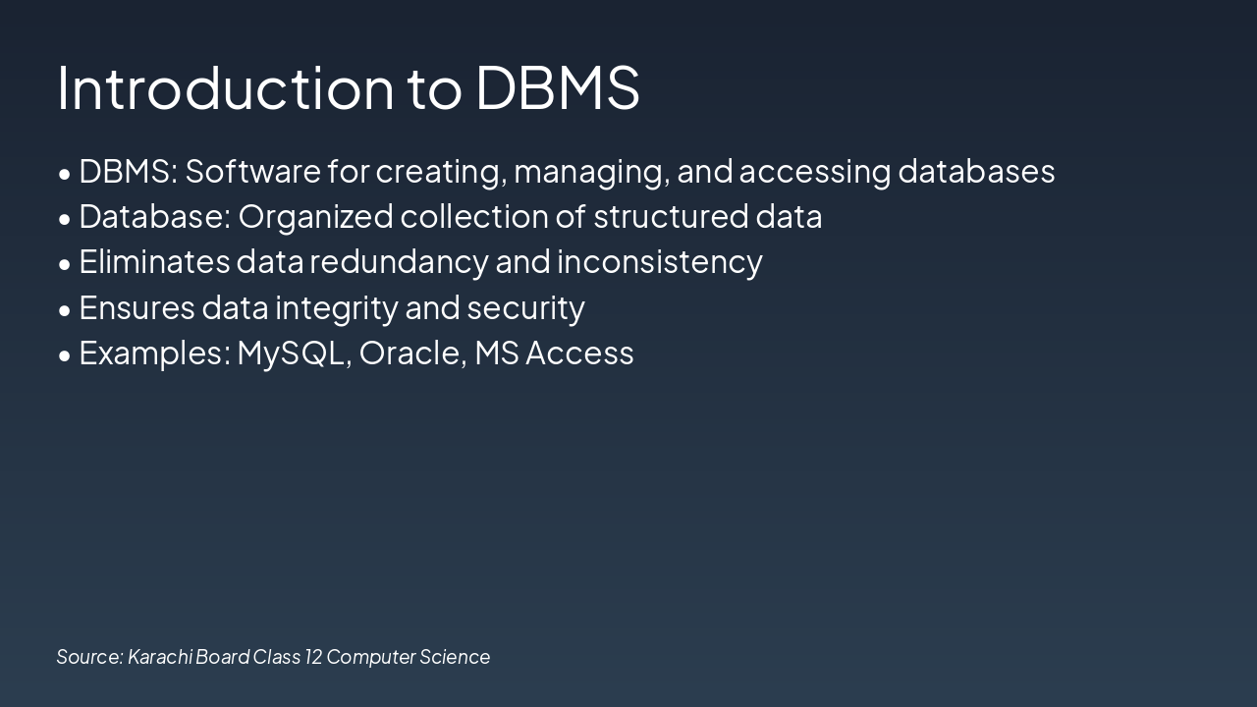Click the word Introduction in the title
(225, 86)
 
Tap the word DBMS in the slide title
(557, 86)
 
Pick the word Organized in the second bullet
(315, 217)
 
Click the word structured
(671, 216)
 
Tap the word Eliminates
(154, 261)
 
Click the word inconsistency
(660, 262)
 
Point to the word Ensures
(137, 307)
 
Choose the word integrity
(336, 308)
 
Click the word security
(525, 308)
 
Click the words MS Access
(554, 353)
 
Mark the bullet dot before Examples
(65, 355)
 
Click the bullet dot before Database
(65, 219)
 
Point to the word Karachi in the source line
(160, 656)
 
